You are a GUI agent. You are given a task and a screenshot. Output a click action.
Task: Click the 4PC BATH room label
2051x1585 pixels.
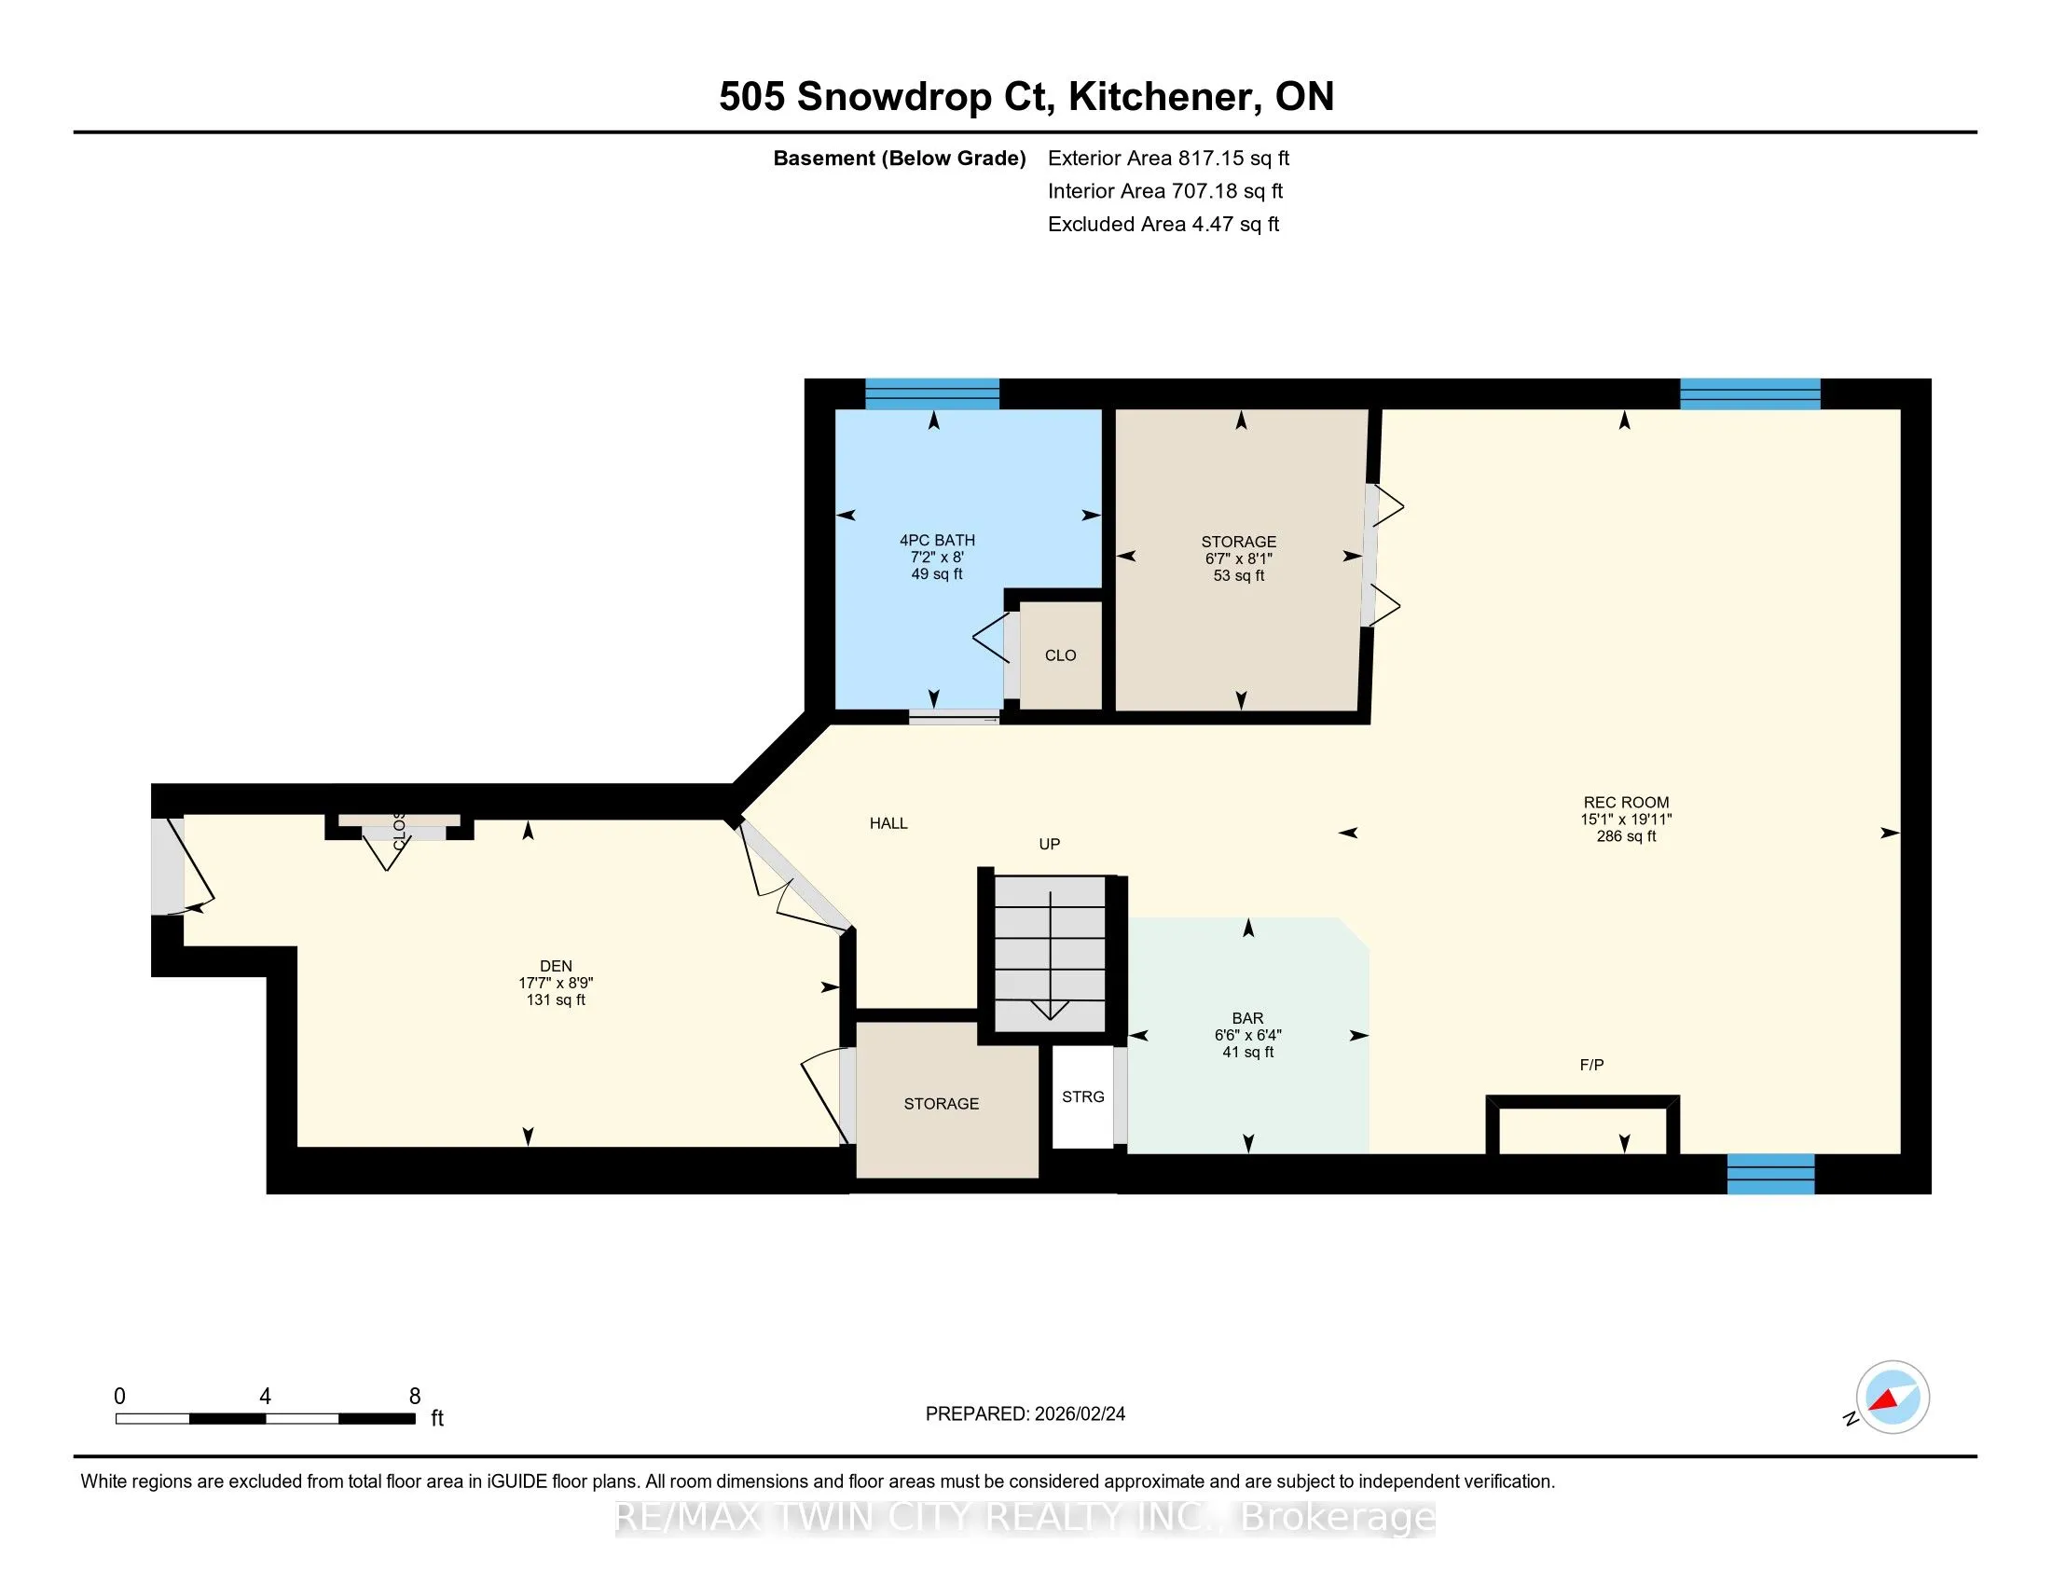point(936,540)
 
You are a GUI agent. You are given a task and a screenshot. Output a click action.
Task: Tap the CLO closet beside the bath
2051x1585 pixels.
point(1060,655)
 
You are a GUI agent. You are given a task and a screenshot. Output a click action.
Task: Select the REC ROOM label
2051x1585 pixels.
point(1626,802)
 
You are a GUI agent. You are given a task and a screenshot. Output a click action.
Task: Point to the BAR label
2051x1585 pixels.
point(1247,1018)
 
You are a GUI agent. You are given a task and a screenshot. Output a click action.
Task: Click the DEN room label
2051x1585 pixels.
point(556,965)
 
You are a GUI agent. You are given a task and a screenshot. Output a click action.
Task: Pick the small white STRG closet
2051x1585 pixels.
point(1082,1096)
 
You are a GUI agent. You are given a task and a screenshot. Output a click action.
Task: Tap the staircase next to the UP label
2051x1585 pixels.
point(1050,954)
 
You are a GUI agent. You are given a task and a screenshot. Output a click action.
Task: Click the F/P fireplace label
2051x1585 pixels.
point(1591,1065)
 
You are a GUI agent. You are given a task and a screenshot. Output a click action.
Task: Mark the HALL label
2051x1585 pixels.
point(888,823)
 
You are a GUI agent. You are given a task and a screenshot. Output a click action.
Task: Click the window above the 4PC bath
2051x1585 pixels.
point(931,393)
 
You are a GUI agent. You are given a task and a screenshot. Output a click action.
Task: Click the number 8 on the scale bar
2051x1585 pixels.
point(414,1397)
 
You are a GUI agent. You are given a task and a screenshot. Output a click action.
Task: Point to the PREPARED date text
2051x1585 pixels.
point(1025,1414)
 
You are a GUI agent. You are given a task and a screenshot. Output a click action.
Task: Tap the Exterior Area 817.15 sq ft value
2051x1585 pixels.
point(1168,158)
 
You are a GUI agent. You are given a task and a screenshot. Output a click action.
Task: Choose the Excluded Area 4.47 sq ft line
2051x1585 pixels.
point(1163,224)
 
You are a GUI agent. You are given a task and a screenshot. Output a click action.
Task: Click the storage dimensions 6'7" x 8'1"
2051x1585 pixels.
point(1239,558)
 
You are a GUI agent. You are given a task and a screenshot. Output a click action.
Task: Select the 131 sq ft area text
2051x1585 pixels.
point(556,1000)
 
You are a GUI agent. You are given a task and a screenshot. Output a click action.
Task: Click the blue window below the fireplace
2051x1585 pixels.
point(1771,1173)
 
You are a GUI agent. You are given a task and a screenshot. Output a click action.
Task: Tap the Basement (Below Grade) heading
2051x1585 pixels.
point(899,158)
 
